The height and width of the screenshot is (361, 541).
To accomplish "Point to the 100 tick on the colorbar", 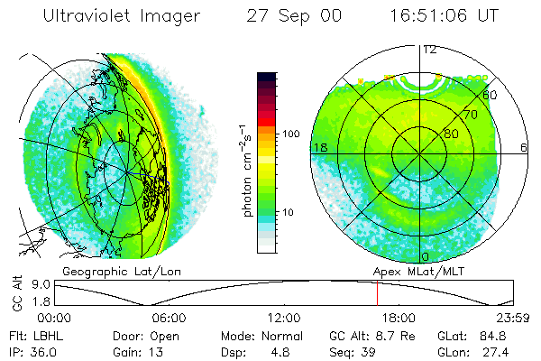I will [x=291, y=133].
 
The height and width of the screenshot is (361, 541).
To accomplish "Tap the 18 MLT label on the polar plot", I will [x=318, y=147].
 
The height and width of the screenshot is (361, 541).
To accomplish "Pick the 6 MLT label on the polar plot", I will [x=524, y=147].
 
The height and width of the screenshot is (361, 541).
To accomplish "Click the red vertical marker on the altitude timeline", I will [x=377, y=293].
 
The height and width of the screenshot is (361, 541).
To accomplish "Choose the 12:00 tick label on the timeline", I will [x=283, y=318].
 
